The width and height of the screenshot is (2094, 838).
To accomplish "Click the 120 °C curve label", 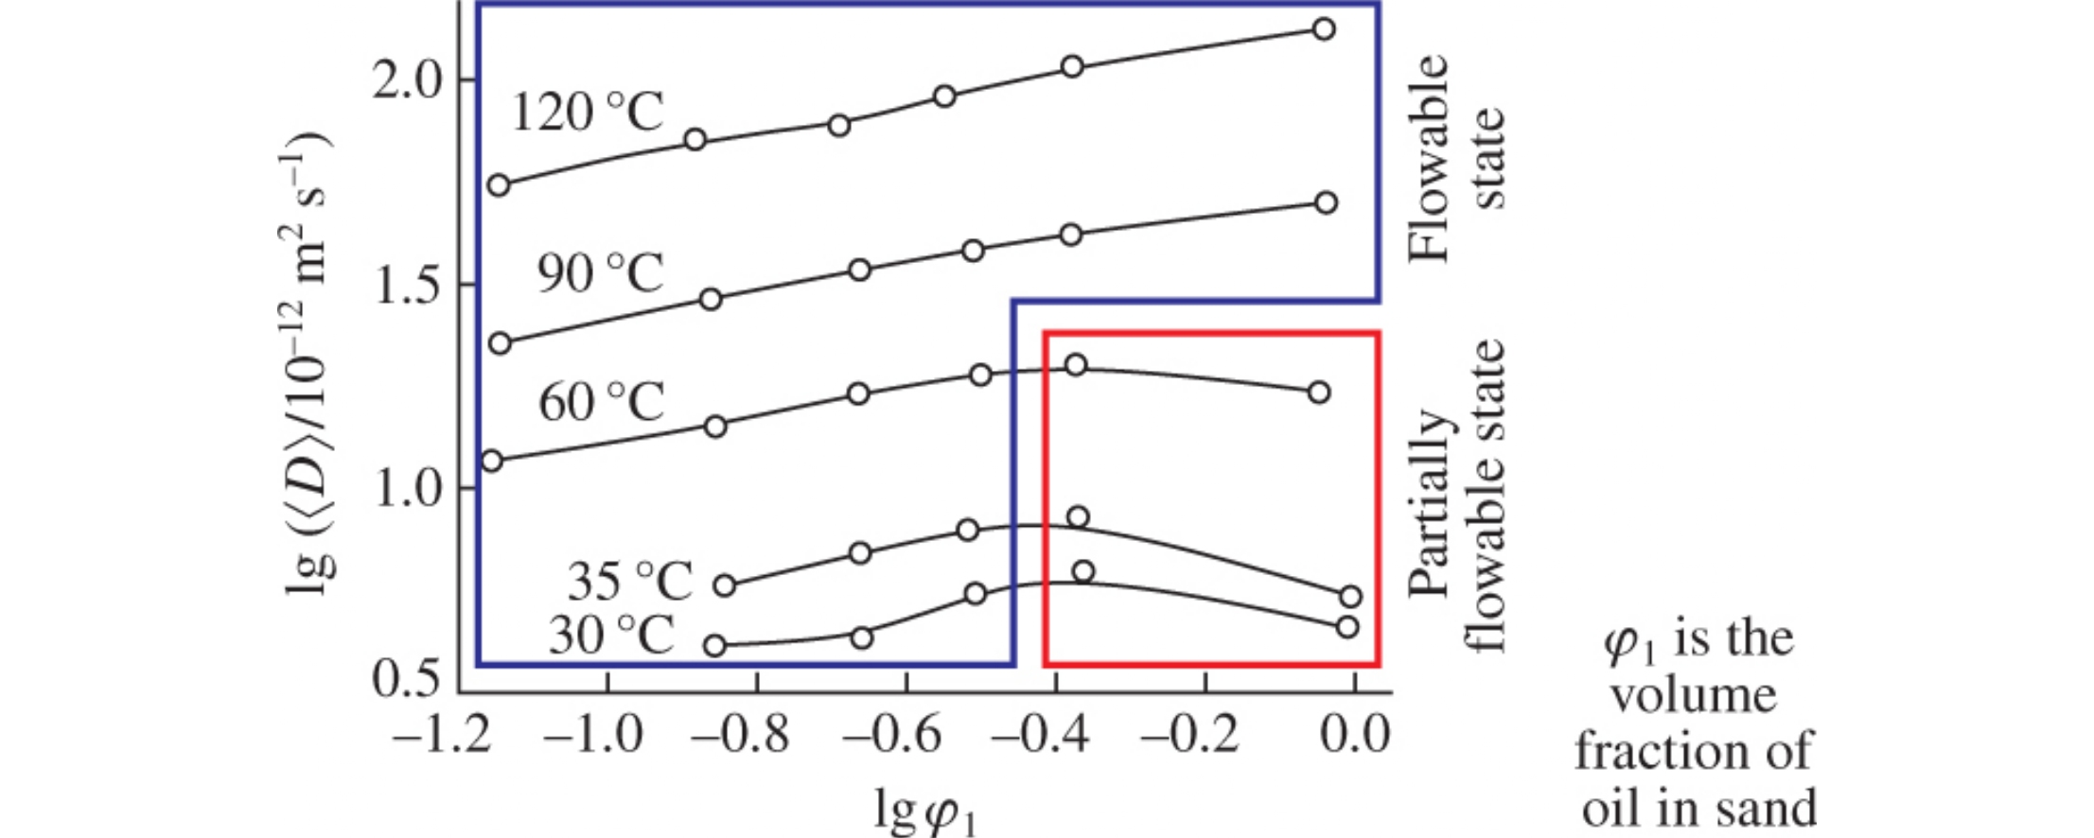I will pyautogui.click(x=588, y=113).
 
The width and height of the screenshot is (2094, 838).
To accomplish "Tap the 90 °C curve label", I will pyautogui.click(x=601, y=273).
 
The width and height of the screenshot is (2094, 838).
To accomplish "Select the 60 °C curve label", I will pyautogui.click(x=602, y=402).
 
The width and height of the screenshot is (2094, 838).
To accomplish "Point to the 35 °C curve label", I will pyautogui.click(x=630, y=581).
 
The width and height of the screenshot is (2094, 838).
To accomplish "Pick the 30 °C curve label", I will pyautogui.click(x=611, y=634).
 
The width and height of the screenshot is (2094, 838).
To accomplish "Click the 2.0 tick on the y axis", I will pyautogui.click(x=408, y=81).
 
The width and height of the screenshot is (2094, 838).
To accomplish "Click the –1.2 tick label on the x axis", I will pyautogui.click(x=442, y=735).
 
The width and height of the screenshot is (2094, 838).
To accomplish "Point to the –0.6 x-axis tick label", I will pyautogui.click(x=891, y=735).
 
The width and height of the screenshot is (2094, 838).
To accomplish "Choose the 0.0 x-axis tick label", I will pyautogui.click(x=1355, y=735).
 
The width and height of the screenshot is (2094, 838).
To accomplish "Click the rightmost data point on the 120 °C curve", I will pyautogui.click(x=1325, y=29).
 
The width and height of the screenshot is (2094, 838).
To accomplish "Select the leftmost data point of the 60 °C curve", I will pyautogui.click(x=492, y=462).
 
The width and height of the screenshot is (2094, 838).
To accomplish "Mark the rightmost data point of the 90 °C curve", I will pyautogui.click(x=1327, y=202).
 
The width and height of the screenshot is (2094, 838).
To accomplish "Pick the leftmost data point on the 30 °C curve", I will pyautogui.click(x=715, y=646).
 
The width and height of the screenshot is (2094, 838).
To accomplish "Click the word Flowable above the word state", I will pyautogui.click(x=1429, y=157).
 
